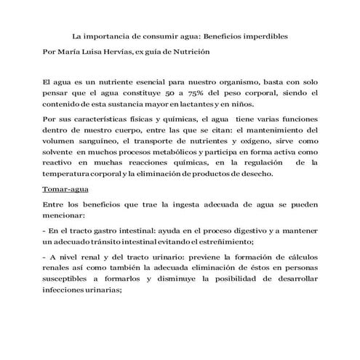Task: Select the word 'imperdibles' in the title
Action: click(x=265, y=34)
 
